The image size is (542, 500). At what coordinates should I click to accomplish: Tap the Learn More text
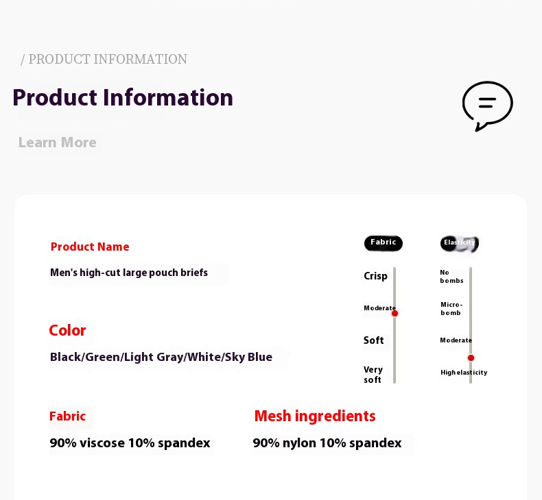[58, 142]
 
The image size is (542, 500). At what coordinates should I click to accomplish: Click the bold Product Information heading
[123, 97]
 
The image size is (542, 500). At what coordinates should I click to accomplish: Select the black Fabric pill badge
[384, 243]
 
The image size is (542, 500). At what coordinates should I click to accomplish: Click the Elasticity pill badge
[460, 243]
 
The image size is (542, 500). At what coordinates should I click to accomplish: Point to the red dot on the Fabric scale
[394, 313]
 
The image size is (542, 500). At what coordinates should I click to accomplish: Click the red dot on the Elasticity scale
[471, 358]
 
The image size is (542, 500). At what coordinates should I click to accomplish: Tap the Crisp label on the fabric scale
[375, 277]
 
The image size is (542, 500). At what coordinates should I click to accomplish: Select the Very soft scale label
[373, 375]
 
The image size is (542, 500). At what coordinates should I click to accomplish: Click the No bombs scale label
[451, 277]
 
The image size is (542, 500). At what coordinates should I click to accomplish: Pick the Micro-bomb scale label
[451, 308]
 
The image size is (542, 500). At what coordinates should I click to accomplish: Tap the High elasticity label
[464, 373]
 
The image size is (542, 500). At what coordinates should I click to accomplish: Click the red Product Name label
[90, 247]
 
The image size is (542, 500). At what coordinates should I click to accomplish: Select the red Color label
[67, 331]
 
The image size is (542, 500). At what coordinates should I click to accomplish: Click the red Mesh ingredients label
[315, 416]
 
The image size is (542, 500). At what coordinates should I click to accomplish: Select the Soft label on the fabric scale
[374, 340]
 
